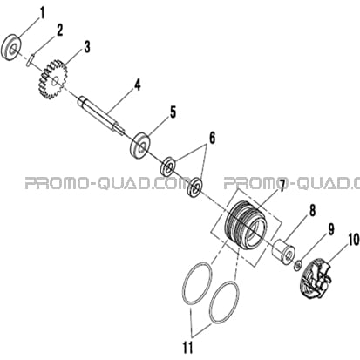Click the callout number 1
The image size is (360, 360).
coord(43,14)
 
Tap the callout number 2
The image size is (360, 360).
coord(59,31)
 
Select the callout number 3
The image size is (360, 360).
coord(87,47)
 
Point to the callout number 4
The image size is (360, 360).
coord(137,85)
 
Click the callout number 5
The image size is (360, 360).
coord(173,112)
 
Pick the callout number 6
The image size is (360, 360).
coord(213,139)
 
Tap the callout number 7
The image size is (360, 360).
coord(281,186)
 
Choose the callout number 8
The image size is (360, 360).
coord(312,211)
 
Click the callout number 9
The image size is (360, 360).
coord(331,229)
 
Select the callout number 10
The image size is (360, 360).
coord(353,240)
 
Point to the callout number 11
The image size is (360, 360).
coord(187,348)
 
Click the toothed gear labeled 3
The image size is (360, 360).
coord(52,78)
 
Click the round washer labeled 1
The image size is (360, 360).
coord(12,47)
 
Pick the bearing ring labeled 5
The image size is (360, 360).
coord(140,146)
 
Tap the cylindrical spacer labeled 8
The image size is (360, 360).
coord(283,251)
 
